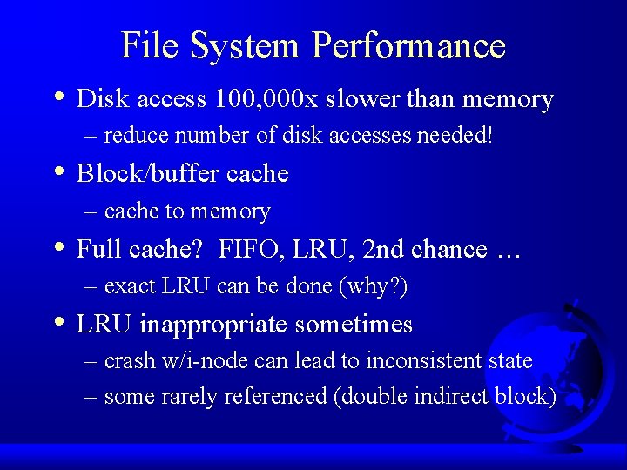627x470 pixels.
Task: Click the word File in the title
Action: tap(147, 45)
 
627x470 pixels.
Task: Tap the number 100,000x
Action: tap(254, 99)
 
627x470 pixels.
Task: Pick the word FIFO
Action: tap(245, 250)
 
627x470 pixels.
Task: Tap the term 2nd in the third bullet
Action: tap(381, 250)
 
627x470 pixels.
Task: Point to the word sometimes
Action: tap(354, 325)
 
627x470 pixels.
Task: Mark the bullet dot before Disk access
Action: tap(57, 97)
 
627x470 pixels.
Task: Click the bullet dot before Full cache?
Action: tap(57, 247)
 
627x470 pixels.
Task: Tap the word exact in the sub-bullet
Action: tap(129, 286)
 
